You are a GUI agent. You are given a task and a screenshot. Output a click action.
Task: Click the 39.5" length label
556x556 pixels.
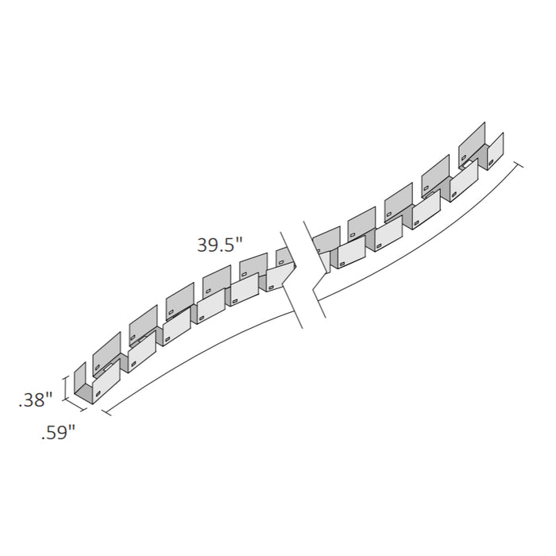point(218,245)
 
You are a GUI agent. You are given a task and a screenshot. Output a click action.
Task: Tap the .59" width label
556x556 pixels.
point(59,433)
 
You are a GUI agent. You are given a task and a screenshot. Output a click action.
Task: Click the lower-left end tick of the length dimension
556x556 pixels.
point(105,411)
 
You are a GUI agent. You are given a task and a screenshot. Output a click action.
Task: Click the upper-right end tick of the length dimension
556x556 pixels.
point(520,166)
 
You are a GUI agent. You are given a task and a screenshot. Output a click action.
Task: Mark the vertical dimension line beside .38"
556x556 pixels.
point(65,389)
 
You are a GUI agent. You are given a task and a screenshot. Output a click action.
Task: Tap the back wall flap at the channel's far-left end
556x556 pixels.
point(79,379)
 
